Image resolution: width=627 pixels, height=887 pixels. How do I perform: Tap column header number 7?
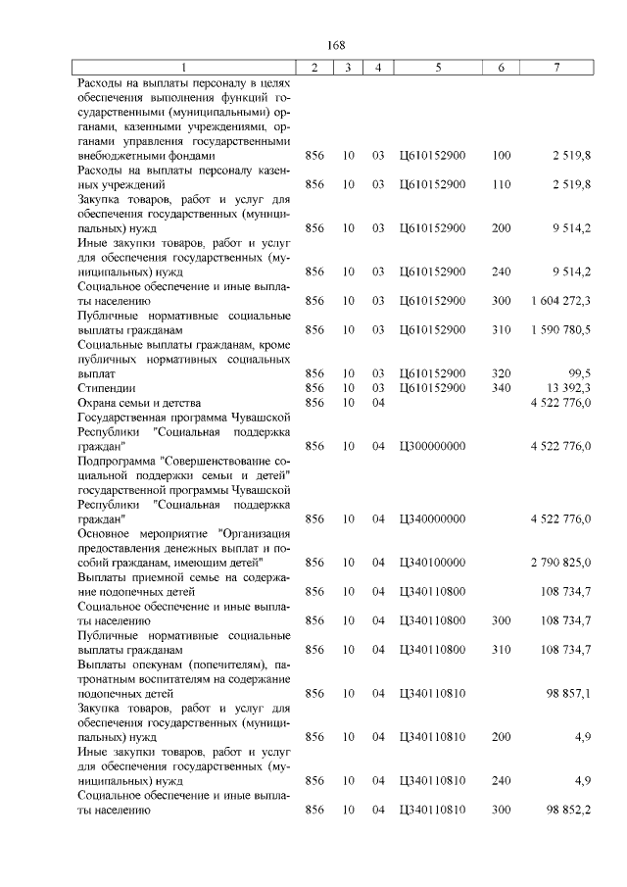556,67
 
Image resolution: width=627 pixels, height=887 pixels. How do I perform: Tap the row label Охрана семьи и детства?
139,403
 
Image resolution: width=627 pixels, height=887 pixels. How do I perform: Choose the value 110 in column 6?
502,183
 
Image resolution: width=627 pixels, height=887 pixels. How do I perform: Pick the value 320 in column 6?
502,373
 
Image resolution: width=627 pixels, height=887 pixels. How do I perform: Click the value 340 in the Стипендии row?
502,388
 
